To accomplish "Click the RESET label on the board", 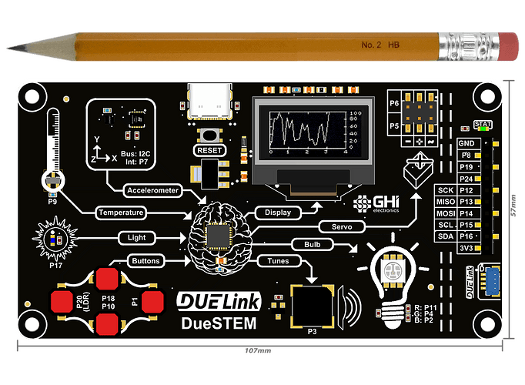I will (x=211, y=150).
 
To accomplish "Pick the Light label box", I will (x=132, y=237).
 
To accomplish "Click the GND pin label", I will (x=466, y=143).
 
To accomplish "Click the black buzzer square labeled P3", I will (x=311, y=306).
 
